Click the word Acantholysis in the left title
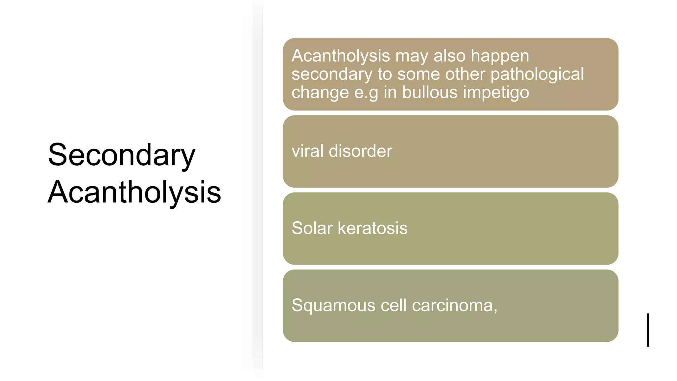134,192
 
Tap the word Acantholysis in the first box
340,56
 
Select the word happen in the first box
499,56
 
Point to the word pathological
537,74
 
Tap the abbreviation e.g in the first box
366,93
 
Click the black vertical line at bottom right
648,330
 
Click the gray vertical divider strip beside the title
258,190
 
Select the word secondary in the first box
332,74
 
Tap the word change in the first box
320,93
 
